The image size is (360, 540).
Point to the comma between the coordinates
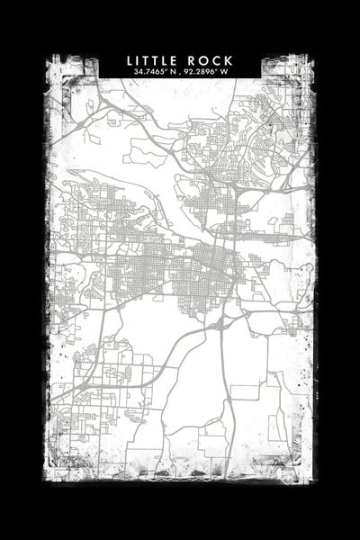[180, 73]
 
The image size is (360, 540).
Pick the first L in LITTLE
[130, 60]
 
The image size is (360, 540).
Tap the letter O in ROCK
[204, 60]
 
